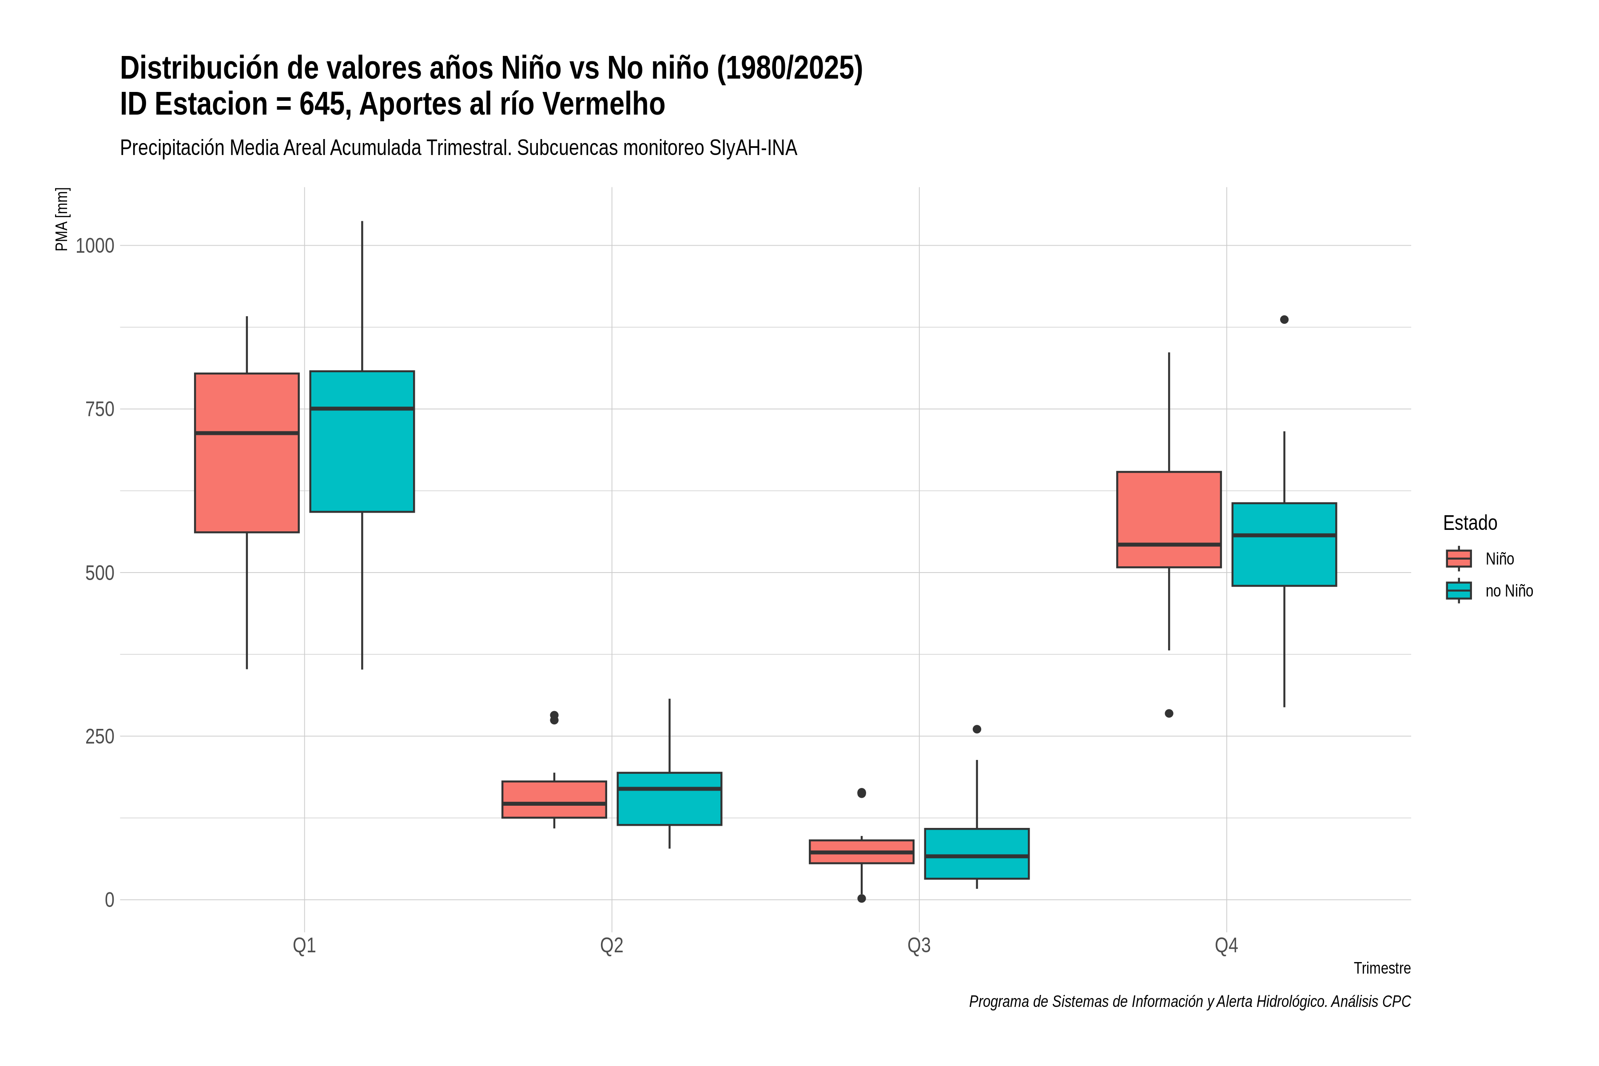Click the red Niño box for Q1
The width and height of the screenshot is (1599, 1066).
click(247, 453)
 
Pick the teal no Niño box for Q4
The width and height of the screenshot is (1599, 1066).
click(1284, 545)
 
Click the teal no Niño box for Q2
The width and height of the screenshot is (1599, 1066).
click(670, 799)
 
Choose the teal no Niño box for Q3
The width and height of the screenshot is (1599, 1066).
click(977, 854)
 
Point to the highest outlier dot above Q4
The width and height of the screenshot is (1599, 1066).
click(1284, 319)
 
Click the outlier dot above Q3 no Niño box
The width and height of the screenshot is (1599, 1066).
click(977, 729)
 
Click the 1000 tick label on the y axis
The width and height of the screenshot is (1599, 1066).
click(95, 246)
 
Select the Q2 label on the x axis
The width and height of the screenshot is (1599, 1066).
click(612, 946)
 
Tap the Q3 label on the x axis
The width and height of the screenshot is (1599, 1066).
click(919, 946)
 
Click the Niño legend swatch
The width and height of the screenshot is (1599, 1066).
click(1459, 559)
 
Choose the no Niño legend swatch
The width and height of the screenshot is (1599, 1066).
click(1459, 591)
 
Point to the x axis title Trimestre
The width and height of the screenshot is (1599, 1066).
click(1382, 968)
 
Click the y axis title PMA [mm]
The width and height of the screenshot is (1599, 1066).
click(62, 219)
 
